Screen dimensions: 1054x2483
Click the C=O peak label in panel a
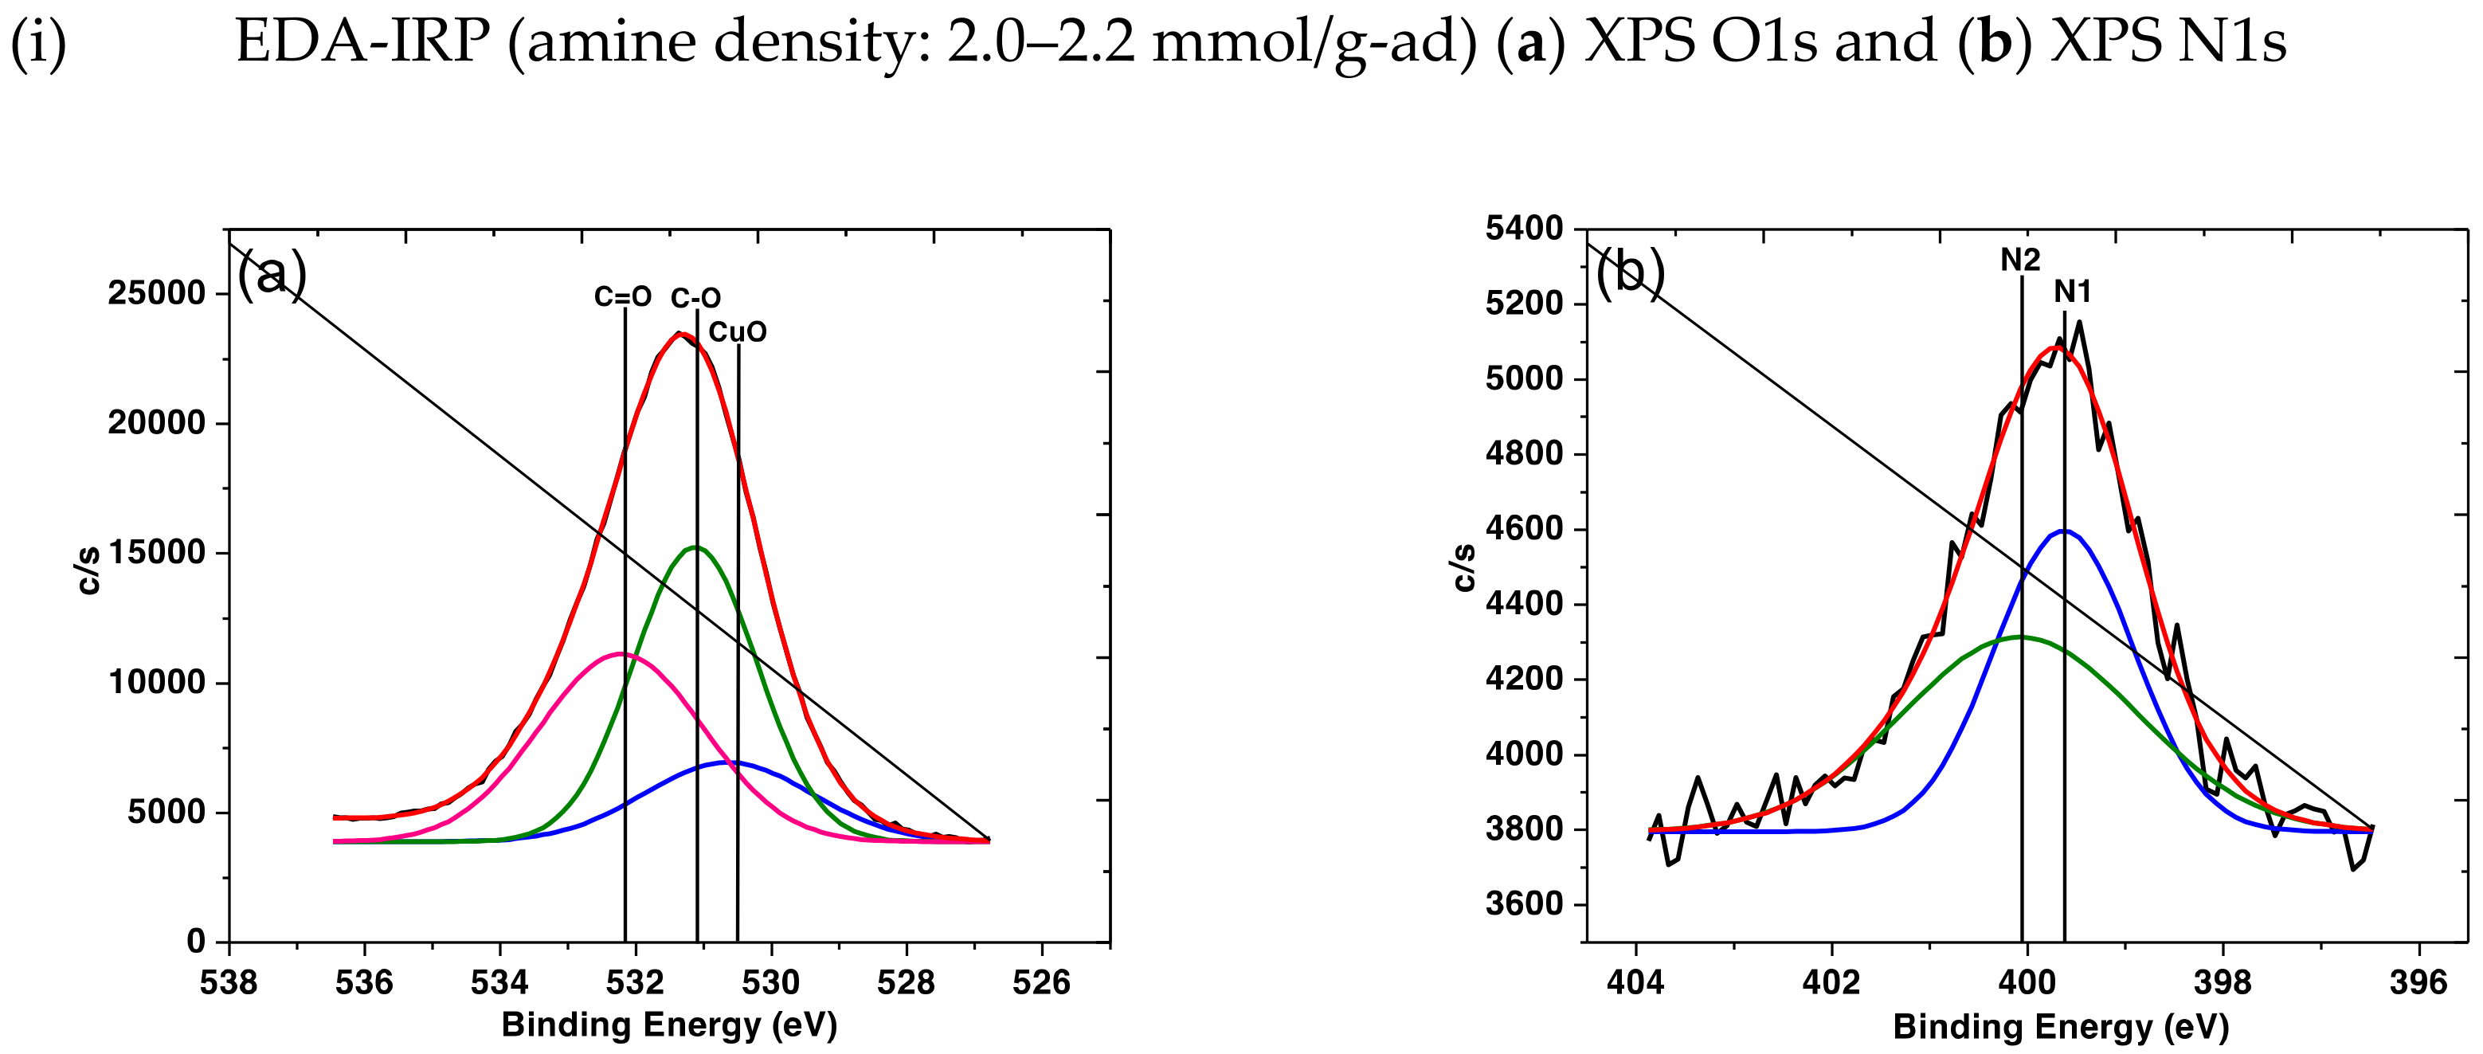[623, 297]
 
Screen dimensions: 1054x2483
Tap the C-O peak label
[696, 298]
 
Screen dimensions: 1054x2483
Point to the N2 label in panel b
[2019, 260]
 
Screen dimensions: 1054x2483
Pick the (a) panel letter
[272, 275]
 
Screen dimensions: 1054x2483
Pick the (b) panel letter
[1630, 273]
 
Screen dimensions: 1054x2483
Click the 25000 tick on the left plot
[157, 293]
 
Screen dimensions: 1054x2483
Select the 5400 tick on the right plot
[1524, 229]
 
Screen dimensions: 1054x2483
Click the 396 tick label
[2418, 982]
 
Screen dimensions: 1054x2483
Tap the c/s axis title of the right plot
[1463, 567]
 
